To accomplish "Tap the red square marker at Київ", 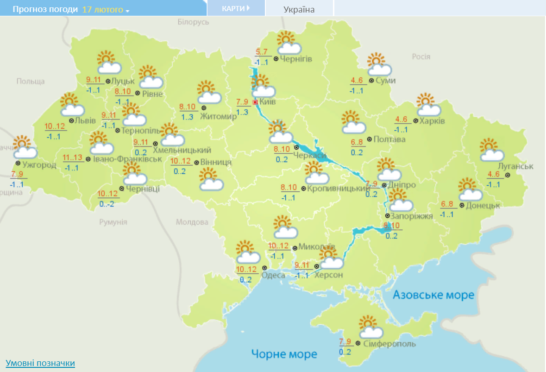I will [255, 102].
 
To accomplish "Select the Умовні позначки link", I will [40, 363].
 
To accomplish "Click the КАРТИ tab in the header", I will [236, 8].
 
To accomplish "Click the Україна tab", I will [299, 9].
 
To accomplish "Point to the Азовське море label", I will [433, 295].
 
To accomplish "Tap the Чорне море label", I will [284, 354].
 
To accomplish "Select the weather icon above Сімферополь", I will [370, 328].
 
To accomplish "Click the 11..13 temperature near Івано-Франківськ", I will [72, 158].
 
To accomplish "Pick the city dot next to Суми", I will [371, 81].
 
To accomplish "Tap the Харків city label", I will [432, 121].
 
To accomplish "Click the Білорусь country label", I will [194, 22].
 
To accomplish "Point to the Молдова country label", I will [192, 222].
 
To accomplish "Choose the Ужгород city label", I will [39, 164].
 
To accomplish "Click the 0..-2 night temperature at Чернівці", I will [107, 204].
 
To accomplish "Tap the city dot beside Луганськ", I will [508, 175].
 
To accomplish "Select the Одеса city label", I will [273, 275].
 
